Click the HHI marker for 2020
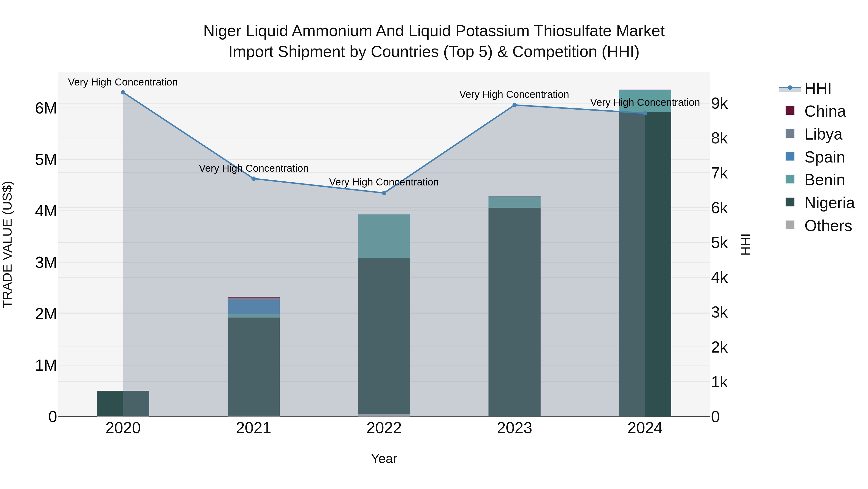coord(123,92)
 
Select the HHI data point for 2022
coord(384,193)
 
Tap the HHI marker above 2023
coord(514,105)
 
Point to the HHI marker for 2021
coord(253,178)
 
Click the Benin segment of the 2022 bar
coord(384,236)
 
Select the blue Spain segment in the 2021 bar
coord(253,307)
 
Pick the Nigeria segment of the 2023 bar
coord(514,311)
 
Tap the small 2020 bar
coord(123,403)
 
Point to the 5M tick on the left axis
coord(46,160)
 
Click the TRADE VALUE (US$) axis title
coord(8,244)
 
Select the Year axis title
coord(384,459)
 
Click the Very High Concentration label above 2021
coord(253,168)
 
